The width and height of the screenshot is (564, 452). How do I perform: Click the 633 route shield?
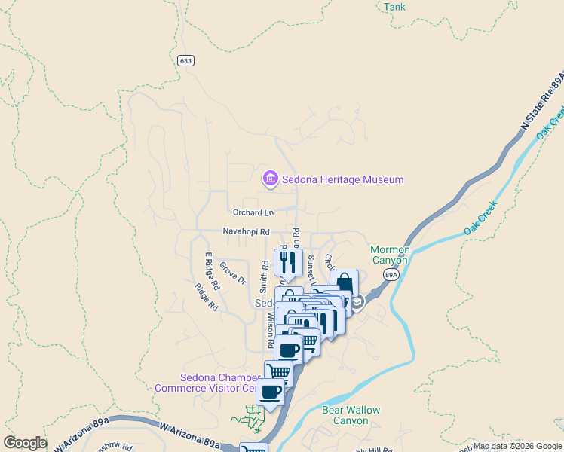pyautogui.click(x=186, y=60)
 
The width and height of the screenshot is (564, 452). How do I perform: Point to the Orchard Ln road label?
pyautogui.click(x=253, y=213)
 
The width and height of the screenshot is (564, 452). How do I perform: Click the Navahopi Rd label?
pyautogui.click(x=246, y=231)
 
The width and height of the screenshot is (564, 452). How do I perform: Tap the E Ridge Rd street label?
pyautogui.click(x=210, y=271)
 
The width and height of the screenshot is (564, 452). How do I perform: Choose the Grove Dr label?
pyautogui.click(x=232, y=273)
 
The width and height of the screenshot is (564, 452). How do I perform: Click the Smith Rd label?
pyautogui.click(x=265, y=276)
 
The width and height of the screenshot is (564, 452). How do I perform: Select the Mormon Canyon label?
pyautogui.click(x=390, y=255)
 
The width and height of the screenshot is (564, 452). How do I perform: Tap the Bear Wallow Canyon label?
pyautogui.click(x=351, y=415)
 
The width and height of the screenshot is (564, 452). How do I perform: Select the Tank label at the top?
pyautogui.click(x=394, y=7)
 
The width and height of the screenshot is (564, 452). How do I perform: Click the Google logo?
pyautogui.click(x=25, y=443)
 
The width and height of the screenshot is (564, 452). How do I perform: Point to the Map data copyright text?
pyautogui.click(x=517, y=446)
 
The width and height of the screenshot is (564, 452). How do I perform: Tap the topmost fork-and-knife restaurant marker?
pyautogui.click(x=288, y=262)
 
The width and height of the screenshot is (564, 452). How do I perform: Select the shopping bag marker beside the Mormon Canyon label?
pyautogui.click(x=344, y=283)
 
